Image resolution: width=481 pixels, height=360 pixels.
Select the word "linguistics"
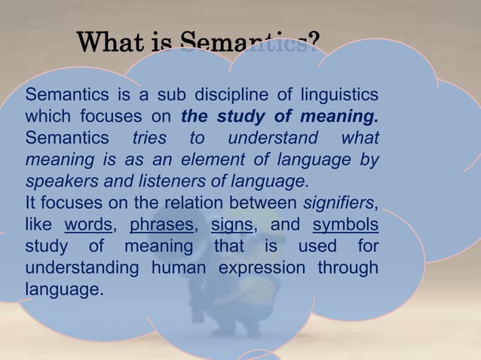click(339, 96)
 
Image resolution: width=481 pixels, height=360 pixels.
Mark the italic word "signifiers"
click(339, 203)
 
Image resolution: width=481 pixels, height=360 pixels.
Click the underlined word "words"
click(88, 225)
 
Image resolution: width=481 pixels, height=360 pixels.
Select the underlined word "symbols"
click(345, 225)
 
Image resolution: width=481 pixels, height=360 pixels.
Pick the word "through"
click(348, 268)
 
